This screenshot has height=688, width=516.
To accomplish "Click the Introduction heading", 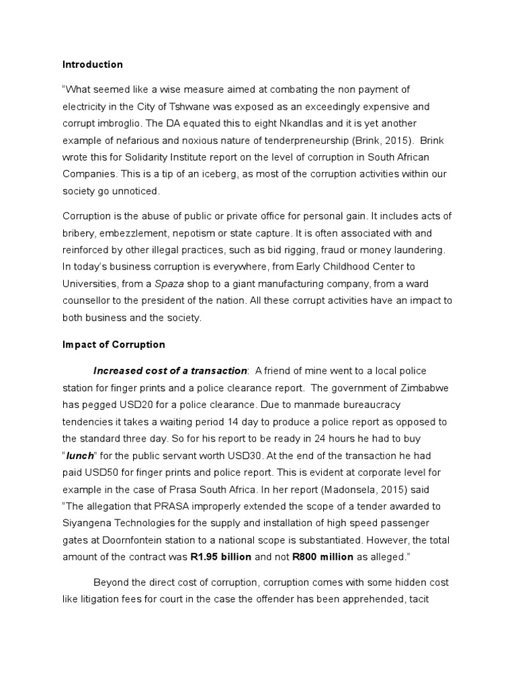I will pos(93,65).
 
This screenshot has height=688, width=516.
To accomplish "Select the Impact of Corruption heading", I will pos(114,345).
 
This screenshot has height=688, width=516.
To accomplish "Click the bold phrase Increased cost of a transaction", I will pos(170,371).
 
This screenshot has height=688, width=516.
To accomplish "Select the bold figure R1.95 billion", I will pos(222,558).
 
